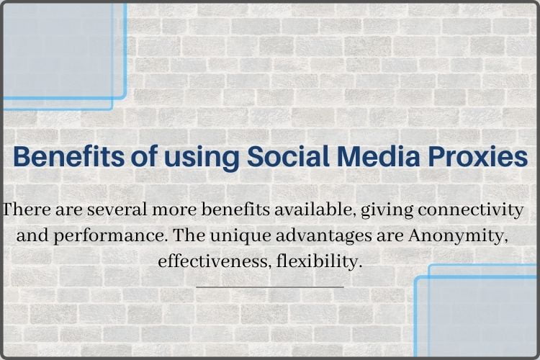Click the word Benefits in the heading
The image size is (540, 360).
pos(59,157)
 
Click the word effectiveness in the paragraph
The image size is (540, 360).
pos(214,261)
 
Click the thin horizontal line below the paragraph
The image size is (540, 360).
pos(269,287)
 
